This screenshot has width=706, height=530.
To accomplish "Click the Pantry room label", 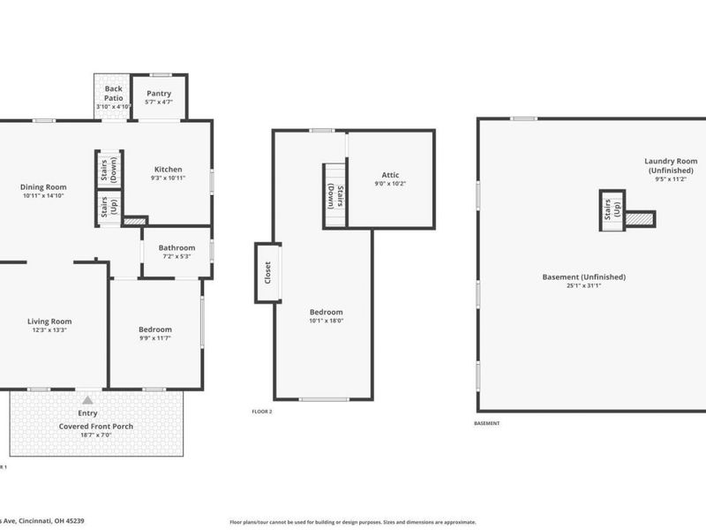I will pyautogui.click(x=159, y=93).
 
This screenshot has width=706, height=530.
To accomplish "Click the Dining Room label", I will pyautogui.click(x=43, y=186).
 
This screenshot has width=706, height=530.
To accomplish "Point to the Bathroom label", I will pyautogui.click(x=176, y=248).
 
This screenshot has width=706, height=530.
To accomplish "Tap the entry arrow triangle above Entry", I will pyautogui.click(x=87, y=400).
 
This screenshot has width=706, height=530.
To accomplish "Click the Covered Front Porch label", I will pyautogui.click(x=96, y=426).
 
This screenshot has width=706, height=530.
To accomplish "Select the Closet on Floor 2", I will pyautogui.click(x=268, y=273).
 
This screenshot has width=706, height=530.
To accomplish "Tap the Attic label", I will pyautogui.click(x=391, y=175).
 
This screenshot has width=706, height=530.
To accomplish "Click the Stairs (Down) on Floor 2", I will pyautogui.click(x=334, y=194).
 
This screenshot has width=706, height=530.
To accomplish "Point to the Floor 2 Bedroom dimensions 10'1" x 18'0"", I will pyautogui.click(x=326, y=322).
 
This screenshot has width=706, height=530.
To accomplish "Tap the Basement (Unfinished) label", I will pyautogui.click(x=583, y=276).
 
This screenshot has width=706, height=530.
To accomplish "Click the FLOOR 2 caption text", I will pyautogui.click(x=262, y=412).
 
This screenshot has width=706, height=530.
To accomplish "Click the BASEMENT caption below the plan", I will pyautogui.click(x=486, y=424).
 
